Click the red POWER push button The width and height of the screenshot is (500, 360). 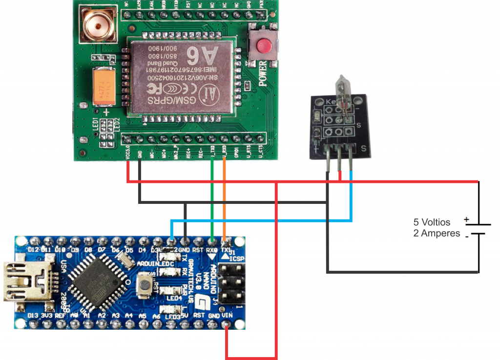(x=263, y=46)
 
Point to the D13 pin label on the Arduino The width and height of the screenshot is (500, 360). (x=33, y=316)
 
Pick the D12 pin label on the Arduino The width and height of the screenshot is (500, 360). (x=33, y=250)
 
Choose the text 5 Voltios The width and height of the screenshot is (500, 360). (x=432, y=222)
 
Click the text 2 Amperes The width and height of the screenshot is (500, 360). (x=437, y=233)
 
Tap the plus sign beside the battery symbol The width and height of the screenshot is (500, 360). (x=466, y=220)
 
